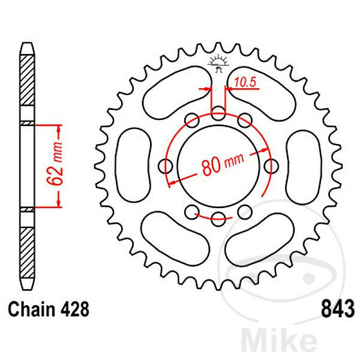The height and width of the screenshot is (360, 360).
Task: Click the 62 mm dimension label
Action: (55, 163)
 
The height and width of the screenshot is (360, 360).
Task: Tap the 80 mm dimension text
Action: (223, 163)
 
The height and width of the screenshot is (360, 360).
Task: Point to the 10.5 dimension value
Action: (245, 82)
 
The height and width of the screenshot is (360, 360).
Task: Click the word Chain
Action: (31, 309)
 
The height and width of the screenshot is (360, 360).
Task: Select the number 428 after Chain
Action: (74, 309)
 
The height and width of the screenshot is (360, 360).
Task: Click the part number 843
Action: (338, 309)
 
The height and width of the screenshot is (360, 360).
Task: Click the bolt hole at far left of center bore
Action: (166, 166)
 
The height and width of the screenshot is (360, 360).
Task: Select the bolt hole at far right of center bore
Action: (272, 166)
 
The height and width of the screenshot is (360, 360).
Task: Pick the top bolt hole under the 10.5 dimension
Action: (218, 113)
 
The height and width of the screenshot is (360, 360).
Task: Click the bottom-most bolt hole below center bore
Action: (218, 219)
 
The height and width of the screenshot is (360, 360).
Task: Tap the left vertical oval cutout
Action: (134, 165)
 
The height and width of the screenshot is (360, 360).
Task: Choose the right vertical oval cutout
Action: (304, 167)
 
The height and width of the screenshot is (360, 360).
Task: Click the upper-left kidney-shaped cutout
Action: (177, 93)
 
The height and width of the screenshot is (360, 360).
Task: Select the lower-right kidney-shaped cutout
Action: (260, 239)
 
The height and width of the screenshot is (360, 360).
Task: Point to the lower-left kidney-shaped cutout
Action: (175, 238)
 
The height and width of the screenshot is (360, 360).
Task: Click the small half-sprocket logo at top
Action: (218, 64)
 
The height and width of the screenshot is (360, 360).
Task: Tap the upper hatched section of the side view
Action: (27, 80)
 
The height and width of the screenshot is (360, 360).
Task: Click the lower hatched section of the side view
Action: (27, 253)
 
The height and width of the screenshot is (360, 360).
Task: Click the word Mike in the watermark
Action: (279, 343)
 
